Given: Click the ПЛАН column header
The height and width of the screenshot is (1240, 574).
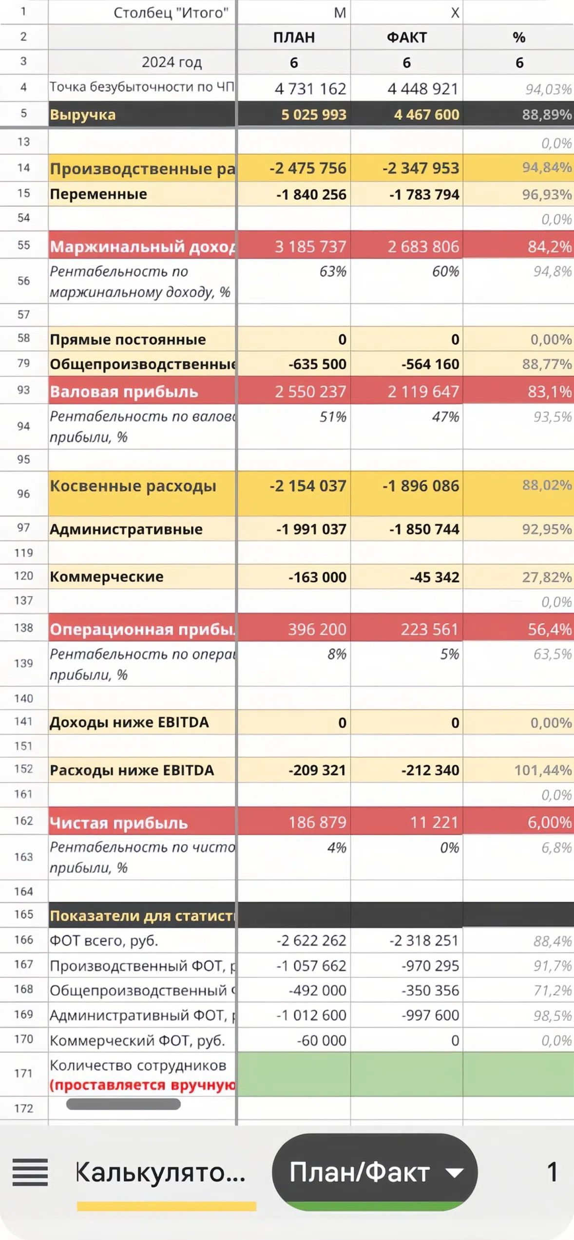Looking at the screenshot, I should click(294, 38).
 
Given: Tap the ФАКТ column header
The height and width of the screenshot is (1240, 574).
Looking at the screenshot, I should click(407, 38).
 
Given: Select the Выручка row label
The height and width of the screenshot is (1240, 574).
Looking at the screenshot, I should click(83, 115).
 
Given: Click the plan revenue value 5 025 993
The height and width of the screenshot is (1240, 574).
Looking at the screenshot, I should click(314, 115).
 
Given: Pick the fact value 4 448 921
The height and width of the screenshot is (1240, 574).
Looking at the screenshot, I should click(423, 89).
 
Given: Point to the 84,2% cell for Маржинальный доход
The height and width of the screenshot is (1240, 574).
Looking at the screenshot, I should click(549, 247).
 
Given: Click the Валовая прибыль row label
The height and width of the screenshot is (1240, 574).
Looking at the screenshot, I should click(124, 392).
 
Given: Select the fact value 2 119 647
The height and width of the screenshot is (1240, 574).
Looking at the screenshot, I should click(423, 392).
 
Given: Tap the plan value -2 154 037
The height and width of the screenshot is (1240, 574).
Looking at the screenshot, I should click(308, 486).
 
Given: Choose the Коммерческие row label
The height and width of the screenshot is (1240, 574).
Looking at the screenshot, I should click(107, 577).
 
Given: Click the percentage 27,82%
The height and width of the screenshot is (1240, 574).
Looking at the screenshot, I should click(547, 578).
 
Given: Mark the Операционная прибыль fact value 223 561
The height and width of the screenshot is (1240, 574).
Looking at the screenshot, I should click(429, 630).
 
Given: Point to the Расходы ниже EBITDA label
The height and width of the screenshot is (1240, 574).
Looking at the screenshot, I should click(132, 770).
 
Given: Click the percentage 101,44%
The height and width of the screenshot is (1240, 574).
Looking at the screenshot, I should click(543, 770).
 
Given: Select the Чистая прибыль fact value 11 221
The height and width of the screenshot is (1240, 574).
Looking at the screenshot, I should click(434, 823).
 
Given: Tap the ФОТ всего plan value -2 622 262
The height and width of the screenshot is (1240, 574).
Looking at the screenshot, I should click(311, 940).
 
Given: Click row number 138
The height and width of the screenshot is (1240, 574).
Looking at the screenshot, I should click(23, 628).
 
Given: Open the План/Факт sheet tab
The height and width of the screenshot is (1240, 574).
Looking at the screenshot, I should click(374, 1172).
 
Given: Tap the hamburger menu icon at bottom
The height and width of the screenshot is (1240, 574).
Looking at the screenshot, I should click(30, 1172).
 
